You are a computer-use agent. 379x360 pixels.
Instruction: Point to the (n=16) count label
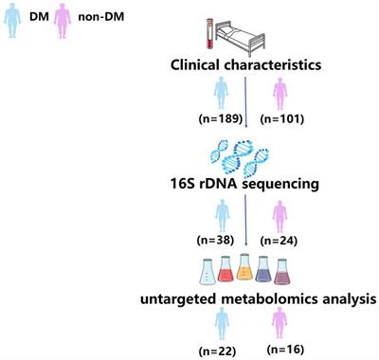pyautogui.click(x=278, y=351)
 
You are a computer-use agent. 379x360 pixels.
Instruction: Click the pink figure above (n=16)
pyautogui.click(x=278, y=327)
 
